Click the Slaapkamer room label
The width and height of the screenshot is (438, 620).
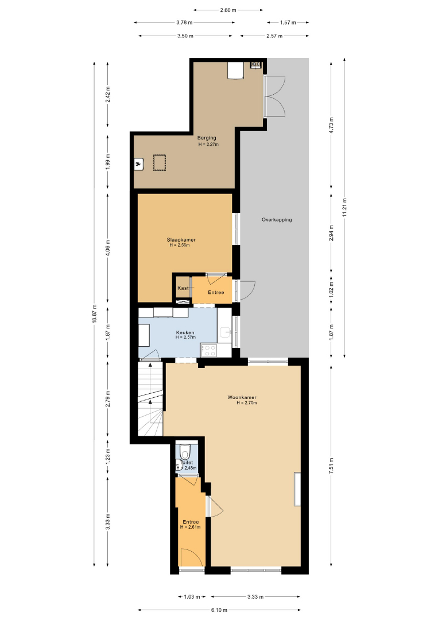tap(181, 239)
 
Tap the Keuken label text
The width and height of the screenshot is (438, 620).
tap(185, 332)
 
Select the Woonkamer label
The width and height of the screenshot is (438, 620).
tap(242, 397)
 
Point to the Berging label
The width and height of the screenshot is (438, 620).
tap(207, 138)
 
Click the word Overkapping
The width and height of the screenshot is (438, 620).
tap(277, 219)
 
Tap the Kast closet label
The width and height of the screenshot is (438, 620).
tap(183, 288)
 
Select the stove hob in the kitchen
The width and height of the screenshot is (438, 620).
tap(209, 350)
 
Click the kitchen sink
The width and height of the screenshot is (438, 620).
tap(226, 332)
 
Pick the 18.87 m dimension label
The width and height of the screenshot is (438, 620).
tap(95, 314)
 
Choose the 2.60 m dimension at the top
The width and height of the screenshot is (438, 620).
tap(228, 10)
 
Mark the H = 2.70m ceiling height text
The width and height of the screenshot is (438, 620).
tap(247, 403)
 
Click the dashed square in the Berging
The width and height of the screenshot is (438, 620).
tap(160, 163)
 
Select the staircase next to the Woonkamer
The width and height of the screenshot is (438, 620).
tap(150, 399)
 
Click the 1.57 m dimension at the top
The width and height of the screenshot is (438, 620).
tap(288, 22)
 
